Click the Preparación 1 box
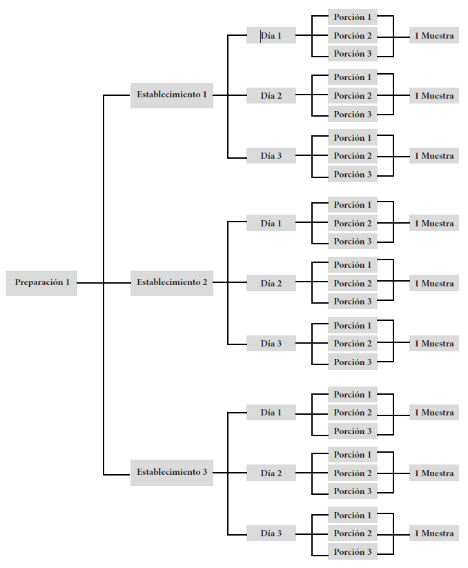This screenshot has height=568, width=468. click(41, 283)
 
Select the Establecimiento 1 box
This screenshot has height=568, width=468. click(172, 95)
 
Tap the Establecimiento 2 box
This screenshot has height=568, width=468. click(172, 283)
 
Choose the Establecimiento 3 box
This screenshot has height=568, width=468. click(172, 472)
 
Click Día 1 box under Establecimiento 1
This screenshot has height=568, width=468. click(271, 35)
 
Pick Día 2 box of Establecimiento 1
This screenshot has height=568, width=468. click(271, 95)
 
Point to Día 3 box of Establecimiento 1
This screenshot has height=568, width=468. click(271, 155)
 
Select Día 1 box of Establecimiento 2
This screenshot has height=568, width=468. click(271, 223)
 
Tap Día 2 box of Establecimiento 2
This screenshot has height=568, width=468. click(271, 283)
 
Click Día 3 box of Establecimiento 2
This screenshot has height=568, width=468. click(271, 343)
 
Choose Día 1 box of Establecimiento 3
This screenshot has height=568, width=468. click(271, 412)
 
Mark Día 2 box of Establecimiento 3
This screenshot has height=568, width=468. click(271, 473)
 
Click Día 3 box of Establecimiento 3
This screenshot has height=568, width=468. click(271, 533)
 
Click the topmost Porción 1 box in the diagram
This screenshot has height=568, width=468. click(353, 17)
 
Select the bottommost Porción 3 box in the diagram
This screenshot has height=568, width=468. click(353, 551)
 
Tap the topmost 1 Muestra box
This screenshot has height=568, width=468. click(434, 35)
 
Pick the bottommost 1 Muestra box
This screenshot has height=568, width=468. click(434, 533)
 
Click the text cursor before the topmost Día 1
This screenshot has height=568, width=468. click(260, 36)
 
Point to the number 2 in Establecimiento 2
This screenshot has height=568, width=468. click(204, 282)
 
